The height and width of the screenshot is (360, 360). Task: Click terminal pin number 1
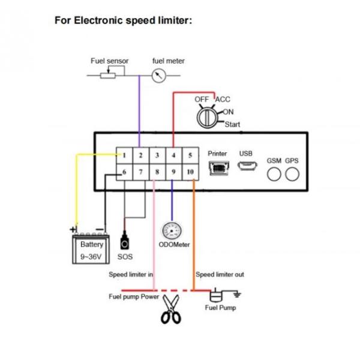click(124, 155)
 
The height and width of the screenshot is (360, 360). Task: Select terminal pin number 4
click(173, 155)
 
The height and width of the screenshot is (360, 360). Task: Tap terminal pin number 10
click(190, 172)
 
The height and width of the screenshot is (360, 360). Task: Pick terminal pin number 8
click(157, 172)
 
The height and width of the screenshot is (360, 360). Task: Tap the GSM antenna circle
click(274, 174)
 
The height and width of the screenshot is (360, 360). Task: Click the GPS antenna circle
click(292, 174)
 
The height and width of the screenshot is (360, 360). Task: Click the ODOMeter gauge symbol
click(173, 230)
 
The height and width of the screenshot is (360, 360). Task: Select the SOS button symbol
click(125, 243)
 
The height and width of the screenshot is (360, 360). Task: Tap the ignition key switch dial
click(208, 116)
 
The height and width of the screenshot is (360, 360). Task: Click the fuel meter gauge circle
click(159, 76)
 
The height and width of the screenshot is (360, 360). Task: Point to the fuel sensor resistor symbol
click(109, 75)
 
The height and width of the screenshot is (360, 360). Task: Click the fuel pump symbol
click(215, 295)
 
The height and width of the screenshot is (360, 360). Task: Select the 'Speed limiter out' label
click(220, 275)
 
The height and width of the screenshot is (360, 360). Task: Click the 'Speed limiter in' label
click(131, 275)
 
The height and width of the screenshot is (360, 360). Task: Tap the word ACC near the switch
click(223, 99)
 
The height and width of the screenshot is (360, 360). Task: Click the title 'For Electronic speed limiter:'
click(123, 20)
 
